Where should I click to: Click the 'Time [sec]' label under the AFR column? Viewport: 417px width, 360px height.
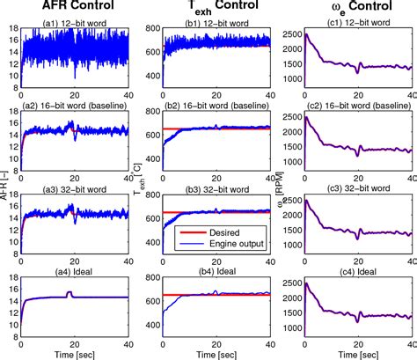coord(75,352)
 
